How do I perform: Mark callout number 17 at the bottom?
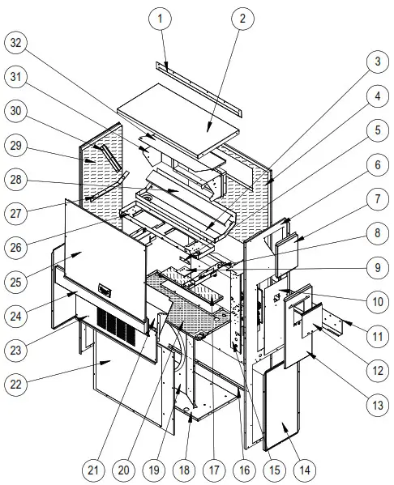point(214,469)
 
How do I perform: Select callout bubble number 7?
point(375,198)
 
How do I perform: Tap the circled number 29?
point(18,145)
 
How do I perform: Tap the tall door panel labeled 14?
point(280,405)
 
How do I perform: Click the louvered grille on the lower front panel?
point(113,324)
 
